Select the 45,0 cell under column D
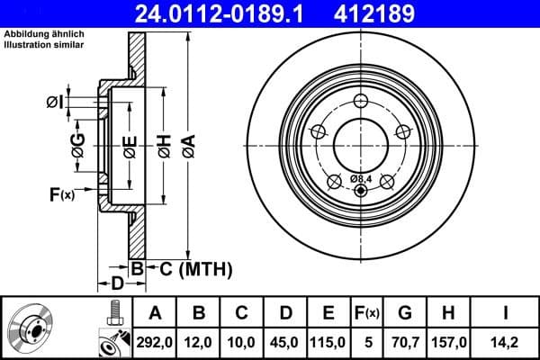pos(286,342)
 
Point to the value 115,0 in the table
pos(328,342)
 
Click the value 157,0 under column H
pos(449,342)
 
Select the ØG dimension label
pos(78,144)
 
